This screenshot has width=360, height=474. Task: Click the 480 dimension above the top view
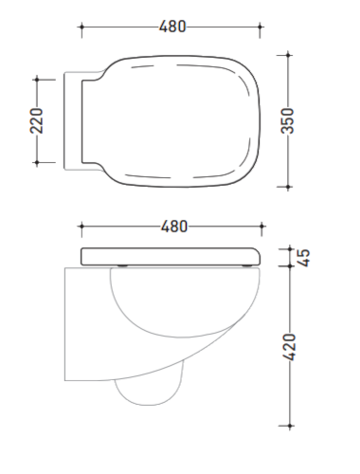click(172, 27)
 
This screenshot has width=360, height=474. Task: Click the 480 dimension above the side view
click(174, 227)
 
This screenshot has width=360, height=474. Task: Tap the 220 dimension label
click(36, 120)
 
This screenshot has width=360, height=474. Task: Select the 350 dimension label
click(287, 120)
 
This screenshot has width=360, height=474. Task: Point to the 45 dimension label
click(304, 258)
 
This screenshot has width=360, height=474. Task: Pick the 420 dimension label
click(289, 347)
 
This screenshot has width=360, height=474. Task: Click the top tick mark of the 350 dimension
click(288, 55)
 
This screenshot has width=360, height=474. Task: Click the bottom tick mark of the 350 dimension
click(288, 187)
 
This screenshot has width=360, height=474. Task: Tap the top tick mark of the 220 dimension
click(37, 80)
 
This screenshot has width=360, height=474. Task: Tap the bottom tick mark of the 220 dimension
click(37, 163)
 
